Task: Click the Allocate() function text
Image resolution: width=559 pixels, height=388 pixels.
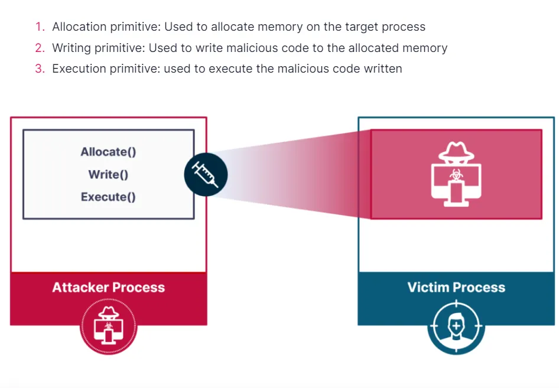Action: click(x=108, y=152)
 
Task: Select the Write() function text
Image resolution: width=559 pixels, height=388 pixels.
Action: click(x=108, y=174)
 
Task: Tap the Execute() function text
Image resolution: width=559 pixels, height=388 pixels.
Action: click(x=108, y=197)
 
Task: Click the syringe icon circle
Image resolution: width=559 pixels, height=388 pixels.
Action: click(x=205, y=174)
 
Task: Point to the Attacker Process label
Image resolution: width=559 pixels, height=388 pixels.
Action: click(x=108, y=288)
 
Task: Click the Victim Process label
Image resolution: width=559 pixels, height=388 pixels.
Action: click(x=456, y=288)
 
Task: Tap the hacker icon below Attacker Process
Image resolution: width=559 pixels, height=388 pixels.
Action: click(x=108, y=325)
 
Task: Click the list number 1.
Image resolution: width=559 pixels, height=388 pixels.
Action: click(x=39, y=27)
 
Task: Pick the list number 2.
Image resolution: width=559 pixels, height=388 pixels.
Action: click(x=39, y=48)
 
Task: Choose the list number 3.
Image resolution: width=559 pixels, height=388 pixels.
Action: click(x=39, y=69)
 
